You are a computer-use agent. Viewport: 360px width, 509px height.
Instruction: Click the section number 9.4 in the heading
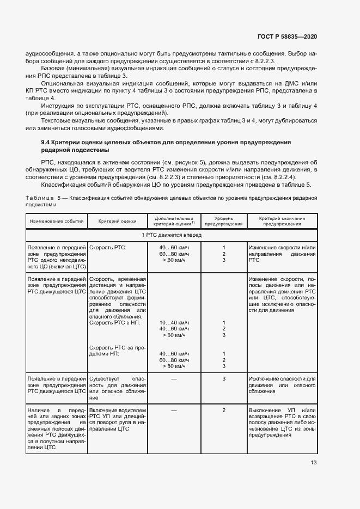[46, 142]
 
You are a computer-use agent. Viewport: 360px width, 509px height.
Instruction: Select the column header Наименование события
[57, 221]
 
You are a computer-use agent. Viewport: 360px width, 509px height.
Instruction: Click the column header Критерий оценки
[117, 221]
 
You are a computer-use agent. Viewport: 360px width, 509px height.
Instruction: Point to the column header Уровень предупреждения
[223, 221]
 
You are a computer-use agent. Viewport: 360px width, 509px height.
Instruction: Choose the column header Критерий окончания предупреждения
[282, 221]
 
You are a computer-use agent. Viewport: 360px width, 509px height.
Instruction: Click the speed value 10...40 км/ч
[174, 322]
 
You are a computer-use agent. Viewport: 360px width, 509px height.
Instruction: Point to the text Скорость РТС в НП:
[114, 322]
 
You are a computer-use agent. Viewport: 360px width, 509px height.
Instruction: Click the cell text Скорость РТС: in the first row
[107, 248]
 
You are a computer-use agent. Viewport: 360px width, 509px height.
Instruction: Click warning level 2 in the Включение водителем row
[223, 410]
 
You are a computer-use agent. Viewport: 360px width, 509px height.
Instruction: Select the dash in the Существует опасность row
[174, 378]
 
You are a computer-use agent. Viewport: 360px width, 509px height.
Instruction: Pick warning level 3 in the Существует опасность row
[223, 378]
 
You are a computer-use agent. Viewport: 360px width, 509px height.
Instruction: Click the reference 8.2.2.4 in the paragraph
[283, 177]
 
